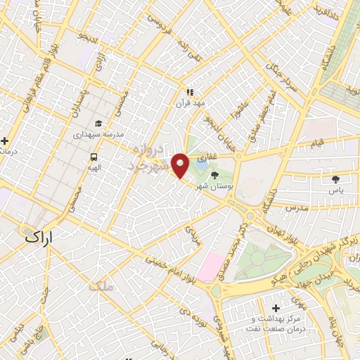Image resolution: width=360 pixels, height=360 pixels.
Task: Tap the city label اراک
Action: coord(41,238)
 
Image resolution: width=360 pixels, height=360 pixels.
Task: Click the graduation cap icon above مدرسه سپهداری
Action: coord(98,124)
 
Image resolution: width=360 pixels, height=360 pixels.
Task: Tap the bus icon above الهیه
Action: coord(93,157)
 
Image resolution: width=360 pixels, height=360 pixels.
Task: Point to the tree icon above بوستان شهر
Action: coord(214,175)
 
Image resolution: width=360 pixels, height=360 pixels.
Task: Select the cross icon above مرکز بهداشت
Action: coord(275,309)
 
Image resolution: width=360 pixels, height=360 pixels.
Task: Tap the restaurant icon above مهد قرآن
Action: coord(189,91)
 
